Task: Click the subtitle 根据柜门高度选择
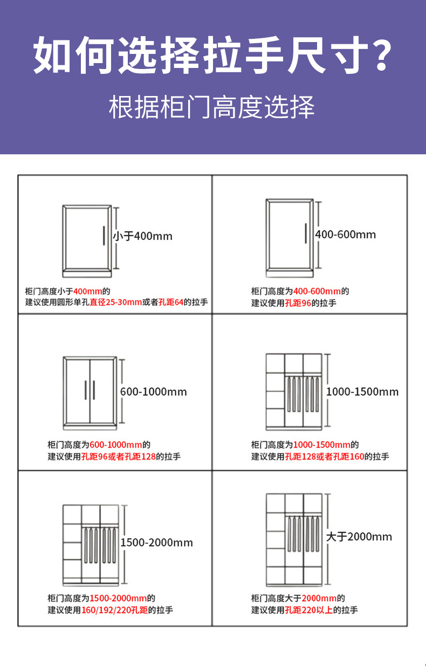(x=212, y=107)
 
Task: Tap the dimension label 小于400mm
(x=143, y=236)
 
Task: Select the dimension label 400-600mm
(x=346, y=235)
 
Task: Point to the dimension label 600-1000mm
(x=154, y=392)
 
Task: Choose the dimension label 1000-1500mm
(x=362, y=392)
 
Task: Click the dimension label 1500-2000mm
(x=156, y=543)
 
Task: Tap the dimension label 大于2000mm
(x=359, y=537)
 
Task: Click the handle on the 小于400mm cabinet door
(x=103, y=236)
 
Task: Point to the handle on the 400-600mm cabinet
(x=305, y=233)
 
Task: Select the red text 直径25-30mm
(x=116, y=303)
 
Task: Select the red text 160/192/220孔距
(x=114, y=610)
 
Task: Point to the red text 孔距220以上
(x=308, y=610)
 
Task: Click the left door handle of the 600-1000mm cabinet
(x=86, y=390)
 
